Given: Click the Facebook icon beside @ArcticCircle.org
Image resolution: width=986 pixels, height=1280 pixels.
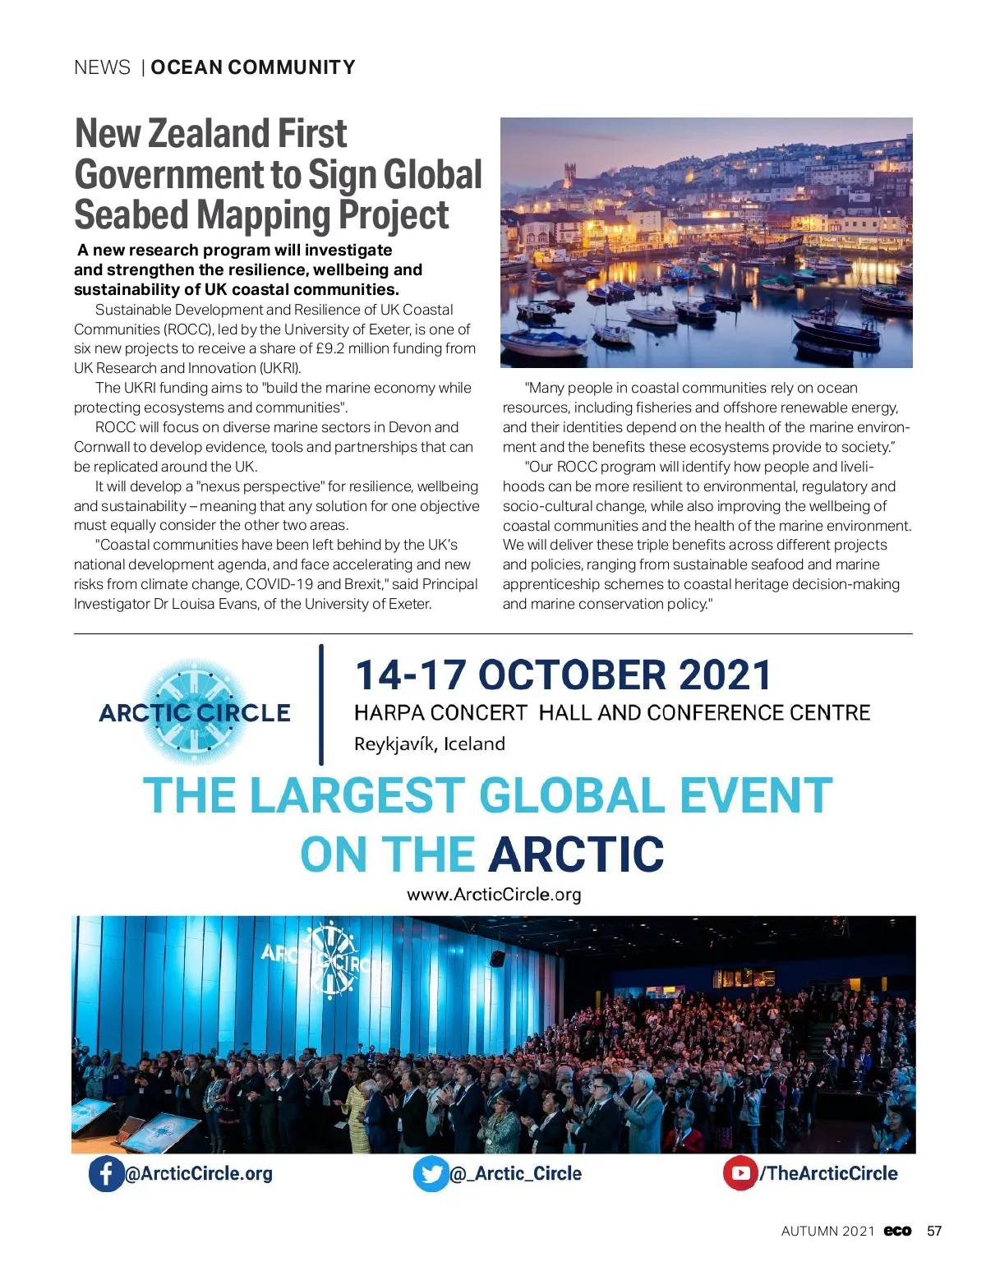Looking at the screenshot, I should (x=106, y=1173).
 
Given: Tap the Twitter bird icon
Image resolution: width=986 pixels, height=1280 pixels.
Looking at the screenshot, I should (x=431, y=1173).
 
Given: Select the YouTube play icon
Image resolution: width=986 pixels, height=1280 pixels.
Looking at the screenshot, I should (x=739, y=1172).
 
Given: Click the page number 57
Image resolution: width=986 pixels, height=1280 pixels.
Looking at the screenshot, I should (x=934, y=1231).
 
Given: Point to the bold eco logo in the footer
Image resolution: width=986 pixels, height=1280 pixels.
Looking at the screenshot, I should (x=897, y=1231).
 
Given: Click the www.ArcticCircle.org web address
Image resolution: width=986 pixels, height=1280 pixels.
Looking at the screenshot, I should (x=494, y=894).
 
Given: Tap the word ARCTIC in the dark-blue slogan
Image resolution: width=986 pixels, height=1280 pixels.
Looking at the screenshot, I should (x=576, y=854).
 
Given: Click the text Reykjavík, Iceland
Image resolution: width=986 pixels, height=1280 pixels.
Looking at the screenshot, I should (x=429, y=744).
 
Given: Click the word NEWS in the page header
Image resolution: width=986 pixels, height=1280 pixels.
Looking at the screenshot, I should (x=102, y=67).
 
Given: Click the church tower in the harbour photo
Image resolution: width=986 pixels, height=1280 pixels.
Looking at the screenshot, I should (x=569, y=174).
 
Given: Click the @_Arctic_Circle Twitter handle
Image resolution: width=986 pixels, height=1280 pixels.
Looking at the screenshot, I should (x=516, y=1173).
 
